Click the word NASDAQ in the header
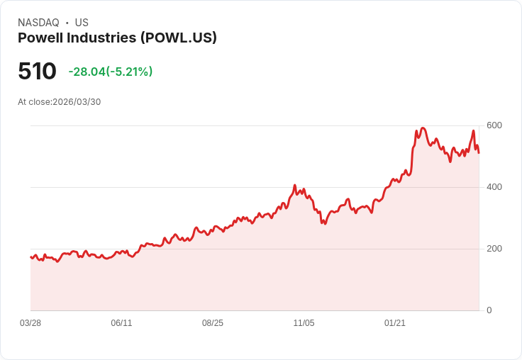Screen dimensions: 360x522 pyautogui.click(x=38, y=23)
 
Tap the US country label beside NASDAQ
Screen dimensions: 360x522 pyautogui.click(x=82, y=23)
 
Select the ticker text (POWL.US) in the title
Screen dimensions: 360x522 pyautogui.click(x=180, y=38)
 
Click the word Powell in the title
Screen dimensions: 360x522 pyautogui.click(x=41, y=38)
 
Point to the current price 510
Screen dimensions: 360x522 pyautogui.click(x=37, y=72)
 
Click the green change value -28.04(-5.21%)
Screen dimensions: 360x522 pyautogui.click(x=111, y=72)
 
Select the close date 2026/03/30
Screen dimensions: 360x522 pyautogui.click(x=77, y=102)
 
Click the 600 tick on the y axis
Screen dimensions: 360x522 pyautogui.click(x=494, y=125)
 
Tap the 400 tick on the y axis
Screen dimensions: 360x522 pyautogui.click(x=494, y=187)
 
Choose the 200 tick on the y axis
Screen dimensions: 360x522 pyautogui.click(x=494, y=249)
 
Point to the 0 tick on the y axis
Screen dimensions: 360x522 pyautogui.click(x=489, y=310)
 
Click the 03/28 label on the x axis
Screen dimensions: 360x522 pyautogui.click(x=30, y=323)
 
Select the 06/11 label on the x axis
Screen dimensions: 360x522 pyautogui.click(x=121, y=323)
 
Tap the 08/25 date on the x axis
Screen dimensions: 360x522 pyautogui.click(x=213, y=323)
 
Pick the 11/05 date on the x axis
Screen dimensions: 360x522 pyautogui.click(x=304, y=323)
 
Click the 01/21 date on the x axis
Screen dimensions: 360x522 pyautogui.click(x=395, y=323)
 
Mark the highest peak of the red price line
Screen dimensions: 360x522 pyautogui.click(x=423, y=128)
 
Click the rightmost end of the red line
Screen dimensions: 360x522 pyautogui.click(x=479, y=152)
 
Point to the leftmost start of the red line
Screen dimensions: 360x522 pyautogui.click(x=30, y=257)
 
